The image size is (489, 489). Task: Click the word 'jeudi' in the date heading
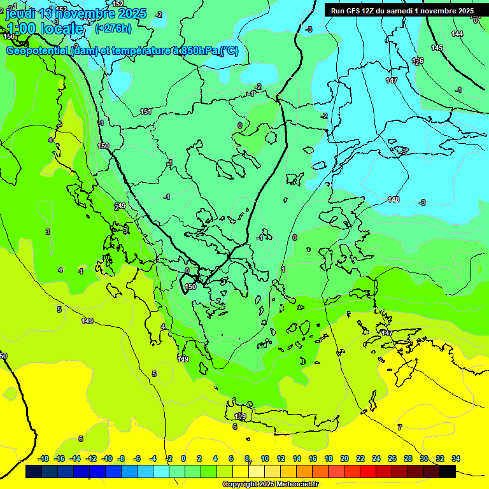(x=21, y=13)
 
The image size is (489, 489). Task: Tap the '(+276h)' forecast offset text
(x=113, y=28)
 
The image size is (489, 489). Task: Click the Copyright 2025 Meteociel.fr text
(x=270, y=485)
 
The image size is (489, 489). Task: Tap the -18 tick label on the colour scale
(x=44, y=458)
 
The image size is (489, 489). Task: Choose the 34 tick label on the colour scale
(x=456, y=458)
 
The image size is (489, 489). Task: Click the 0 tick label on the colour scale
(x=183, y=458)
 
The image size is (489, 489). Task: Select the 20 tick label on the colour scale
(x=344, y=458)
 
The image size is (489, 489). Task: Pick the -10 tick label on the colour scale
(x=107, y=458)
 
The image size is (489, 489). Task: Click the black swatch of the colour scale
(x=448, y=472)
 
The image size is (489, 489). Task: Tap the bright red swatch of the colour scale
(x=368, y=472)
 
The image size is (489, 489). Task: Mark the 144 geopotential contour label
(x=457, y=34)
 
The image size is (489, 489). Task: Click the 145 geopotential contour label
(x=437, y=48)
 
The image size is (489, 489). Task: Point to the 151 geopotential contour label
(x=146, y=111)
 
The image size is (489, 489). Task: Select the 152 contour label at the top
(x=118, y=4)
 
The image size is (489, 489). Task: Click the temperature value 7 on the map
(x=400, y=427)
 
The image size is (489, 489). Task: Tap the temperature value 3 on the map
(x=48, y=232)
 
